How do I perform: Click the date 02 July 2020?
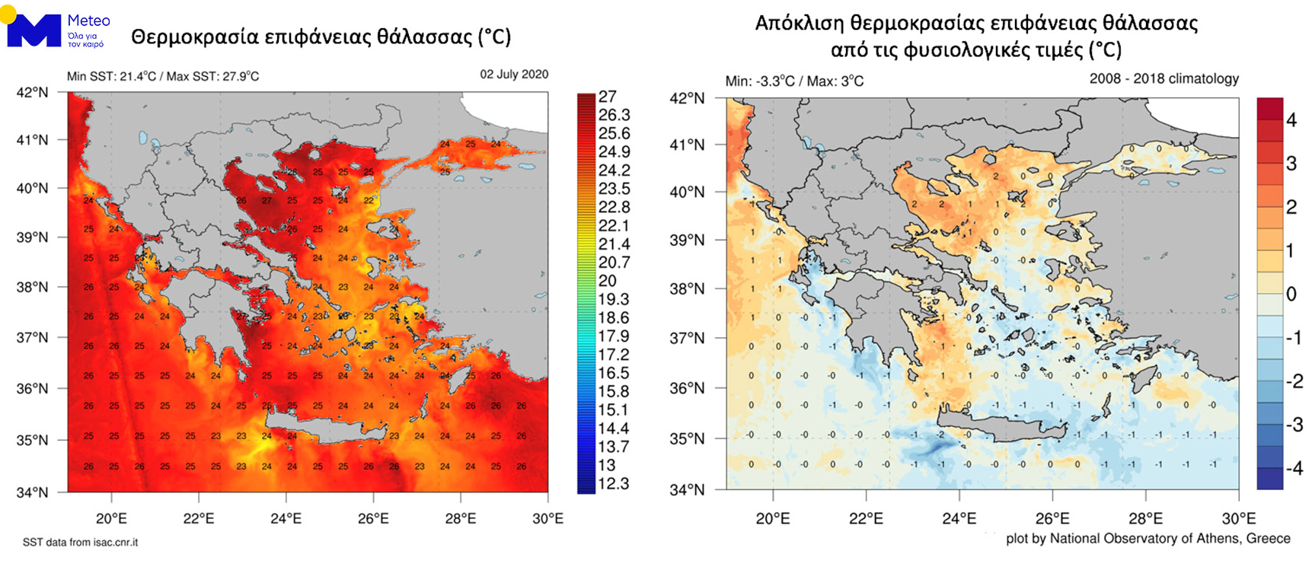click(x=513, y=75)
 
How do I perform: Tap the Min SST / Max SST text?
click(x=163, y=76)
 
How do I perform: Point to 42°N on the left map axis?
click(x=33, y=93)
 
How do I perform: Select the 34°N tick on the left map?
click(x=33, y=492)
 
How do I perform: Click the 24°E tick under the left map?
click(x=286, y=519)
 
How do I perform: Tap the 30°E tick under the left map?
click(x=547, y=519)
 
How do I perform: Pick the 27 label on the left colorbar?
click(x=608, y=97)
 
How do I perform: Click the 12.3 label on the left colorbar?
click(x=614, y=484)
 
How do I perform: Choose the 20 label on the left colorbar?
click(x=608, y=281)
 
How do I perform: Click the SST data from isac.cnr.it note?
click(x=80, y=543)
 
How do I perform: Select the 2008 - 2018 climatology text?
click(x=1164, y=79)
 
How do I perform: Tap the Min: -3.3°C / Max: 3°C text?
click(x=794, y=81)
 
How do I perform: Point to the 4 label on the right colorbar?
click(x=1291, y=119)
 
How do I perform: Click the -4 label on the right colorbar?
click(x=1294, y=468)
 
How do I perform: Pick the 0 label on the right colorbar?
click(x=1291, y=294)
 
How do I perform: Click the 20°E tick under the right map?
click(x=772, y=519)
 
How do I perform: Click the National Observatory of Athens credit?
click(x=1148, y=539)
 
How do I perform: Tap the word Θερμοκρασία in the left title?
click(x=193, y=37)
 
